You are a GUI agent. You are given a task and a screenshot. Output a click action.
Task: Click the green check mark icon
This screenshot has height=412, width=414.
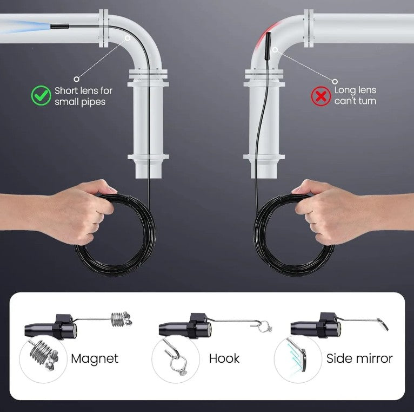point(41,95)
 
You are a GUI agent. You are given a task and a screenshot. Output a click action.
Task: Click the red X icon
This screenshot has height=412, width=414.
point(321,97)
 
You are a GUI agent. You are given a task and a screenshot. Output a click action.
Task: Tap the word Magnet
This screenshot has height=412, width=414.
point(95,358)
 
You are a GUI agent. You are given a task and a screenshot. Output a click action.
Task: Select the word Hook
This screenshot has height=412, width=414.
point(224,358)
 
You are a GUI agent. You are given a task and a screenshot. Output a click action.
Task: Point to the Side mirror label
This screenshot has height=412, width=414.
point(359,358)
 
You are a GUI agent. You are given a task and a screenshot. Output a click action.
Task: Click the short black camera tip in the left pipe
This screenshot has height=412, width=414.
point(59,26)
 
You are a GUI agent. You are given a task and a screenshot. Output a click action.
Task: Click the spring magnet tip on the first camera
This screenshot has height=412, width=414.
point(121,319)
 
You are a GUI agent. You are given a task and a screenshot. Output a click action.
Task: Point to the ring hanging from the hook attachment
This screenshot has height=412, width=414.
point(265,327)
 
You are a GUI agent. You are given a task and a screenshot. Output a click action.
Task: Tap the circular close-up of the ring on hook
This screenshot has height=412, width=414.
point(175,359)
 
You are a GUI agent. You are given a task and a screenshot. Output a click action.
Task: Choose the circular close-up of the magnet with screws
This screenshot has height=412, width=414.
point(43,359)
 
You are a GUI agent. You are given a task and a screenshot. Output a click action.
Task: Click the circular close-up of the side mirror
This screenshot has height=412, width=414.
point(298,359)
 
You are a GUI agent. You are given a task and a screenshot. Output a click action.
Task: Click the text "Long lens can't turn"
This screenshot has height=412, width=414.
point(355,95)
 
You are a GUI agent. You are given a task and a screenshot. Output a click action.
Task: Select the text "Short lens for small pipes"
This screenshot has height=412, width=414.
point(83,96)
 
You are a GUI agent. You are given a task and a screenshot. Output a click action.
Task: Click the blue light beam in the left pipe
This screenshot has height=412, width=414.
point(25,27)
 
